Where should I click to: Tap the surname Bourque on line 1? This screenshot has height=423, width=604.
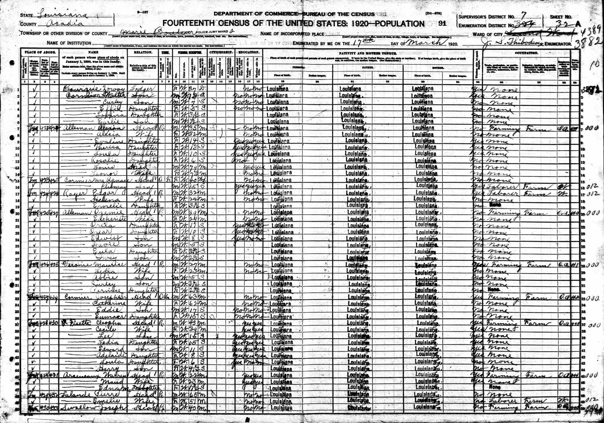tap(77, 89)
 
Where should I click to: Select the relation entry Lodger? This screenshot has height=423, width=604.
tap(143, 89)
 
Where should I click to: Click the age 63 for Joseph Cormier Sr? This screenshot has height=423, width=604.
tap(191, 297)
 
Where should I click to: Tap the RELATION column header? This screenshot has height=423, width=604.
tap(143, 52)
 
